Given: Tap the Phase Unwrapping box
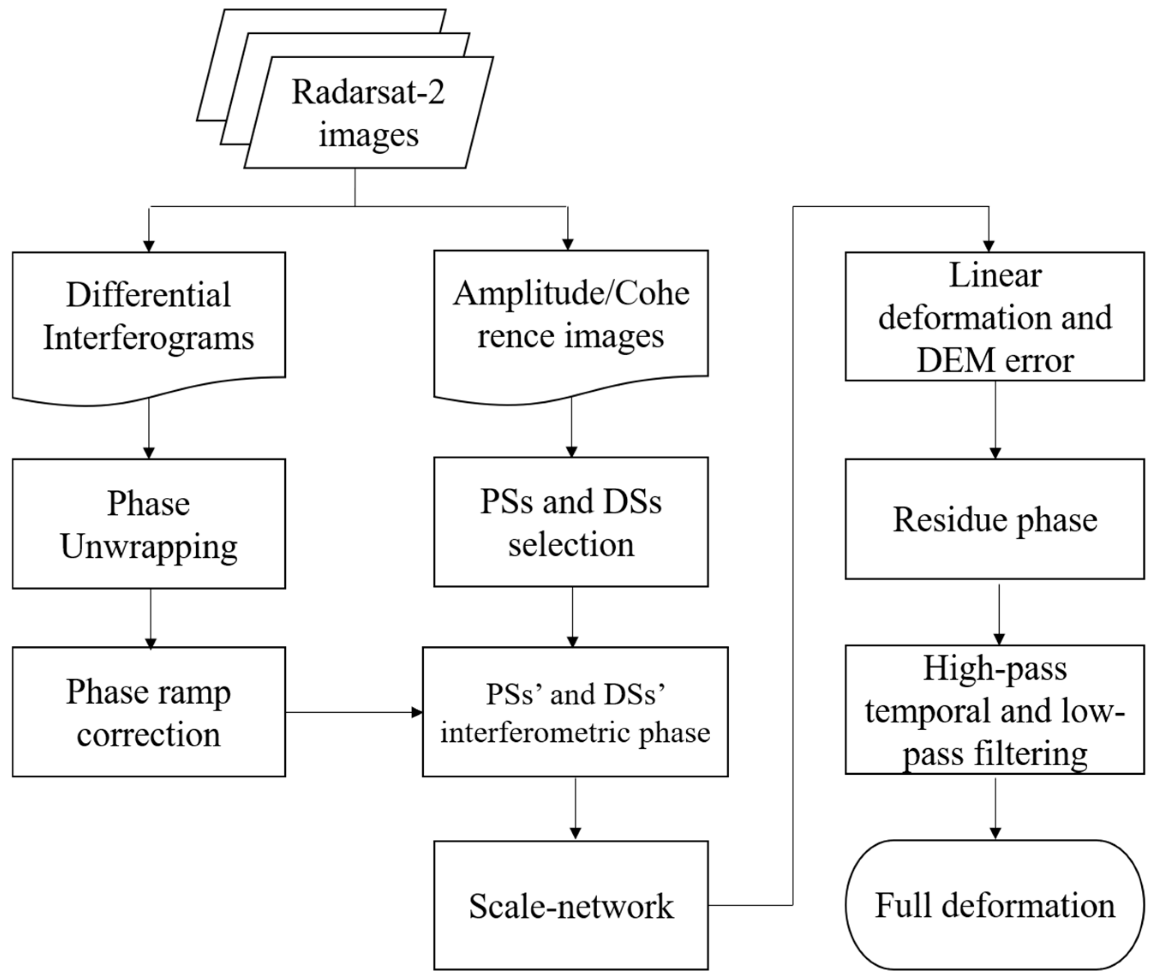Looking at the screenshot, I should tap(148, 523).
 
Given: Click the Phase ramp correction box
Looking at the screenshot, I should tap(148, 712).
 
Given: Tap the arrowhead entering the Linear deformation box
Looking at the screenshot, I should tap(989, 245).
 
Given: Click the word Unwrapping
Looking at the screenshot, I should tap(148, 547).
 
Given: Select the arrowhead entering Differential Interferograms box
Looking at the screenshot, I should tap(148, 245).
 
